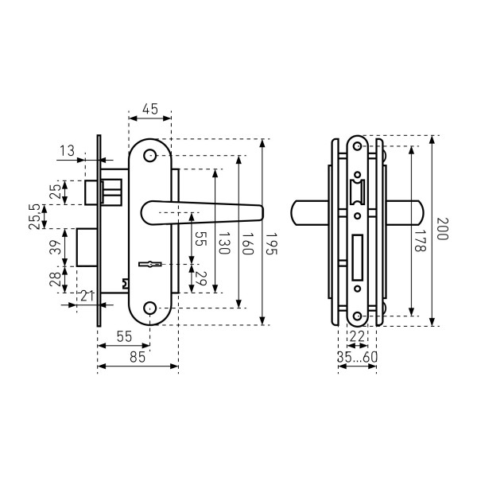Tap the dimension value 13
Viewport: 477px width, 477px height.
[x=66, y=151]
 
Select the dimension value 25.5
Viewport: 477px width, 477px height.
[x=34, y=216]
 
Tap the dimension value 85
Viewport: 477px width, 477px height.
[x=137, y=358]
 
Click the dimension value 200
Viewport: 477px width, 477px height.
[x=442, y=231]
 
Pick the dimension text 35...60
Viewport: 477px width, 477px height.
[x=356, y=358]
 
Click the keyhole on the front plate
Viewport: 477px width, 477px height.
[x=149, y=262]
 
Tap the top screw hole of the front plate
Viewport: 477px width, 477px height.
[x=150, y=156]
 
